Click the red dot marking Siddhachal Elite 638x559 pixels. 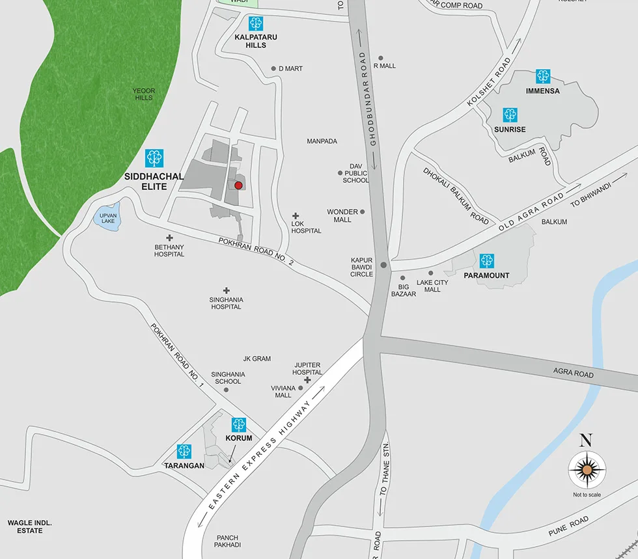[x=238, y=185]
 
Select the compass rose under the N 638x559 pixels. [x=587, y=469]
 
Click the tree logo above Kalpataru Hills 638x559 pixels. [x=256, y=24]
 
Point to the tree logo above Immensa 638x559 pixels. [x=543, y=76]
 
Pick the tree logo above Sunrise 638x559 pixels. [x=510, y=115]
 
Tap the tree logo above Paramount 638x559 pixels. [x=486, y=261]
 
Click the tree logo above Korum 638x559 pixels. [x=239, y=425]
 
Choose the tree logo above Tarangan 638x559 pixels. [x=184, y=451]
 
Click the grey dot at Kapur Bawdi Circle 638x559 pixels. [x=384, y=265]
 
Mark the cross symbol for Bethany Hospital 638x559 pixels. [x=169, y=238]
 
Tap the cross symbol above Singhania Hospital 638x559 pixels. [x=227, y=290]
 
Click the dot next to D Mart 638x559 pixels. [x=274, y=68]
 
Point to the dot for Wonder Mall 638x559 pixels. [x=363, y=211]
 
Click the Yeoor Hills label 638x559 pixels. [x=143, y=94]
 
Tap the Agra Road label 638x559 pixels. [x=574, y=374]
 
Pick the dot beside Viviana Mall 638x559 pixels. [x=301, y=388]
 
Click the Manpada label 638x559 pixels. [x=322, y=141]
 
